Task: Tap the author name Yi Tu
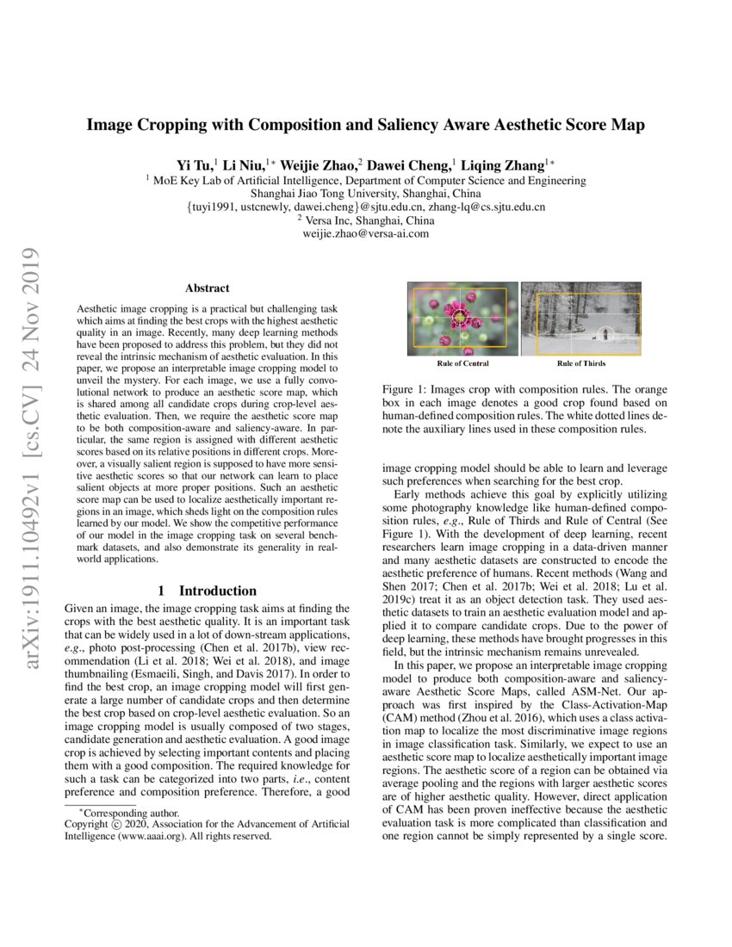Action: pos(195,165)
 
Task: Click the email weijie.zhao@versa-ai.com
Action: pos(366,233)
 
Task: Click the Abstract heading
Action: pos(207,288)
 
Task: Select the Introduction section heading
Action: pos(217,591)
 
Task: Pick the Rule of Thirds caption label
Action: pos(581,363)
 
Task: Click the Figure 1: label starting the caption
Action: pos(406,389)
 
